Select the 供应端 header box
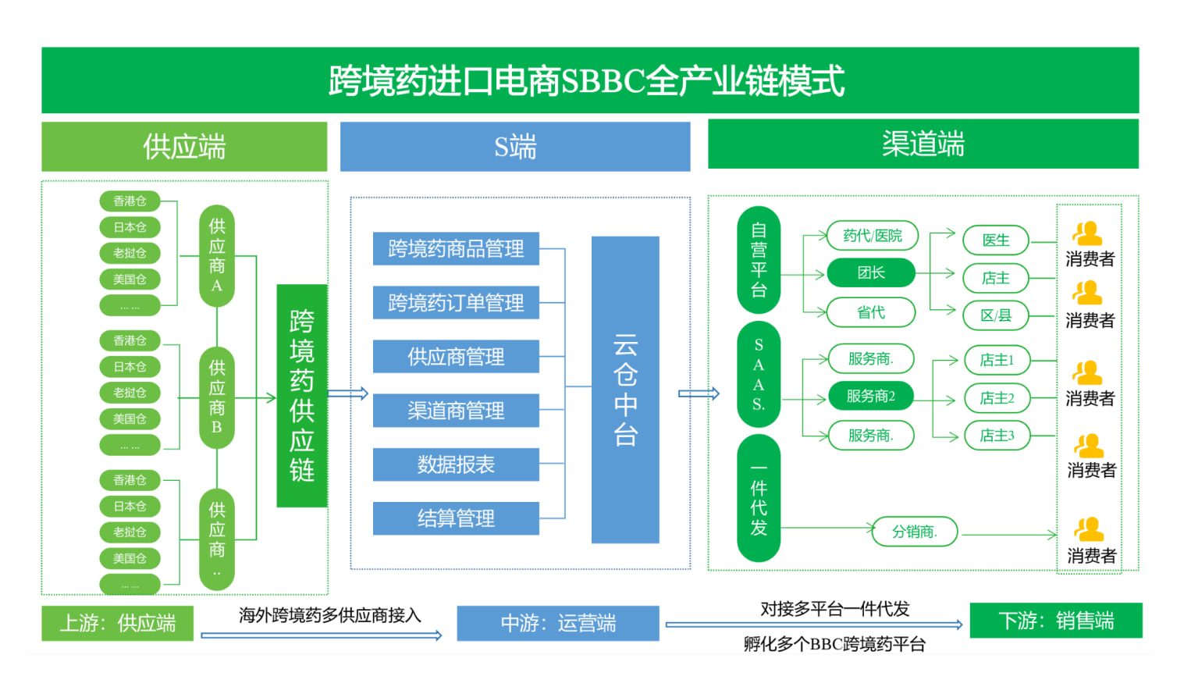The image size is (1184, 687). [x=184, y=146]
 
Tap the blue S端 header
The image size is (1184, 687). [x=515, y=146]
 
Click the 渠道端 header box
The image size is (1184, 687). [x=923, y=144]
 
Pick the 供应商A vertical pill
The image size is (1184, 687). [x=217, y=255]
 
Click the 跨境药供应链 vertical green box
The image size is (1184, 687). [x=302, y=396]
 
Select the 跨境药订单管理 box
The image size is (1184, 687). [x=456, y=303]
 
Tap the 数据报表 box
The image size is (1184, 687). [x=456, y=465]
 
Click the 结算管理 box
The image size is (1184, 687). [x=456, y=518]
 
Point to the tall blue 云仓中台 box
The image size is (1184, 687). [x=625, y=390]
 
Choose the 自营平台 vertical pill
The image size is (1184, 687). [x=759, y=260]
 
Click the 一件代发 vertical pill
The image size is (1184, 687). [x=759, y=498]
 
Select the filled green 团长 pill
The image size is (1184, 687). [x=870, y=272]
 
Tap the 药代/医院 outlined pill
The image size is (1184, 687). [x=872, y=236]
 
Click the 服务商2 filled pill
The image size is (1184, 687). [x=870, y=397]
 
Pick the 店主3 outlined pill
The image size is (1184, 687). [x=997, y=436]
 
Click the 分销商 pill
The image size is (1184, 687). [x=914, y=532]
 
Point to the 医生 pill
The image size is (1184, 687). [x=995, y=240]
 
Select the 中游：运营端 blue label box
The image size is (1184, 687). [x=558, y=623]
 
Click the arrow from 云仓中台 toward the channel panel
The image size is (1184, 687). [x=699, y=393]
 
